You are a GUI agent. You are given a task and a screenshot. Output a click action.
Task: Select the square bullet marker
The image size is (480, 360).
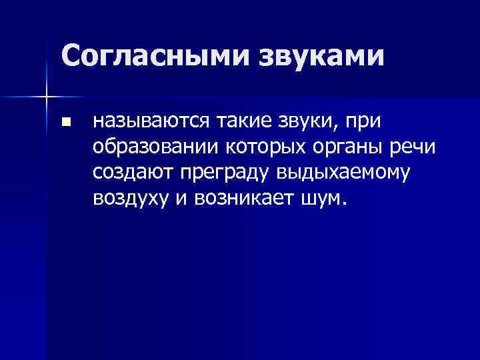click(x=65, y=123)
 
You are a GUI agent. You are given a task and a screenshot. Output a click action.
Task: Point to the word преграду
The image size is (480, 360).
click(x=219, y=173)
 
